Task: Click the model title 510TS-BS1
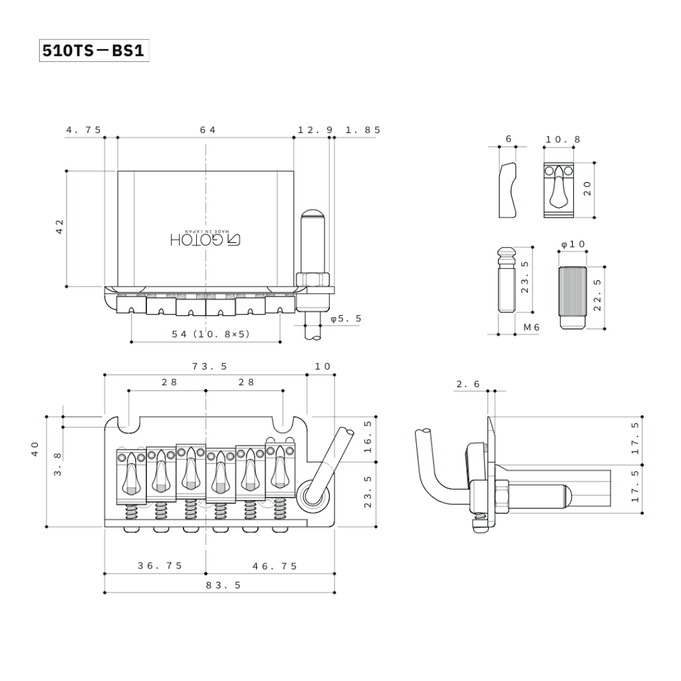(x=93, y=51)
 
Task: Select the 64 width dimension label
(x=207, y=130)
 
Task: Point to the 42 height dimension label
(x=61, y=226)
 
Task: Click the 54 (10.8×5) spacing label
(x=211, y=334)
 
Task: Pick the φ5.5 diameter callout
(x=346, y=319)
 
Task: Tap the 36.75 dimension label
(x=160, y=566)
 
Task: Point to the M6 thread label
(x=531, y=327)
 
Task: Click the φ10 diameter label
(x=573, y=244)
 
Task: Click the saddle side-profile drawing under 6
(x=509, y=190)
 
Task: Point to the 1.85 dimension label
(x=363, y=130)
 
